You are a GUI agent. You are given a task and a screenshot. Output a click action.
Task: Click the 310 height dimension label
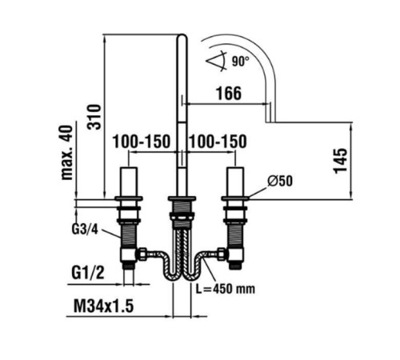click(x=94, y=117)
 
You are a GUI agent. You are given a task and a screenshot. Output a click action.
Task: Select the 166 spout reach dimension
click(x=229, y=93)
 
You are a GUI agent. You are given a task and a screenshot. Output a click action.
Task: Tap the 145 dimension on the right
click(x=341, y=161)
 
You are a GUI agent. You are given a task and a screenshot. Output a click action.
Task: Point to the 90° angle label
click(x=240, y=62)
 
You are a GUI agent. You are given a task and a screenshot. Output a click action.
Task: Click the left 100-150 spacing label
click(x=141, y=142)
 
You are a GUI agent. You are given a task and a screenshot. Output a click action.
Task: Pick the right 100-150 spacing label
click(x=218, y=142)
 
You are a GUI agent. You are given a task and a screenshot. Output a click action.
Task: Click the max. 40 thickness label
click(x=66, y=153)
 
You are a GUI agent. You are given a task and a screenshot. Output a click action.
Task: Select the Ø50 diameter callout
click(x=280, y=181)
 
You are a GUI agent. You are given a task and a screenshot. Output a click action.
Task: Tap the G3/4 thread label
click(x=85, y=229)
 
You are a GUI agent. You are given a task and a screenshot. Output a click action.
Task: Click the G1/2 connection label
click(x=88, y=273)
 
